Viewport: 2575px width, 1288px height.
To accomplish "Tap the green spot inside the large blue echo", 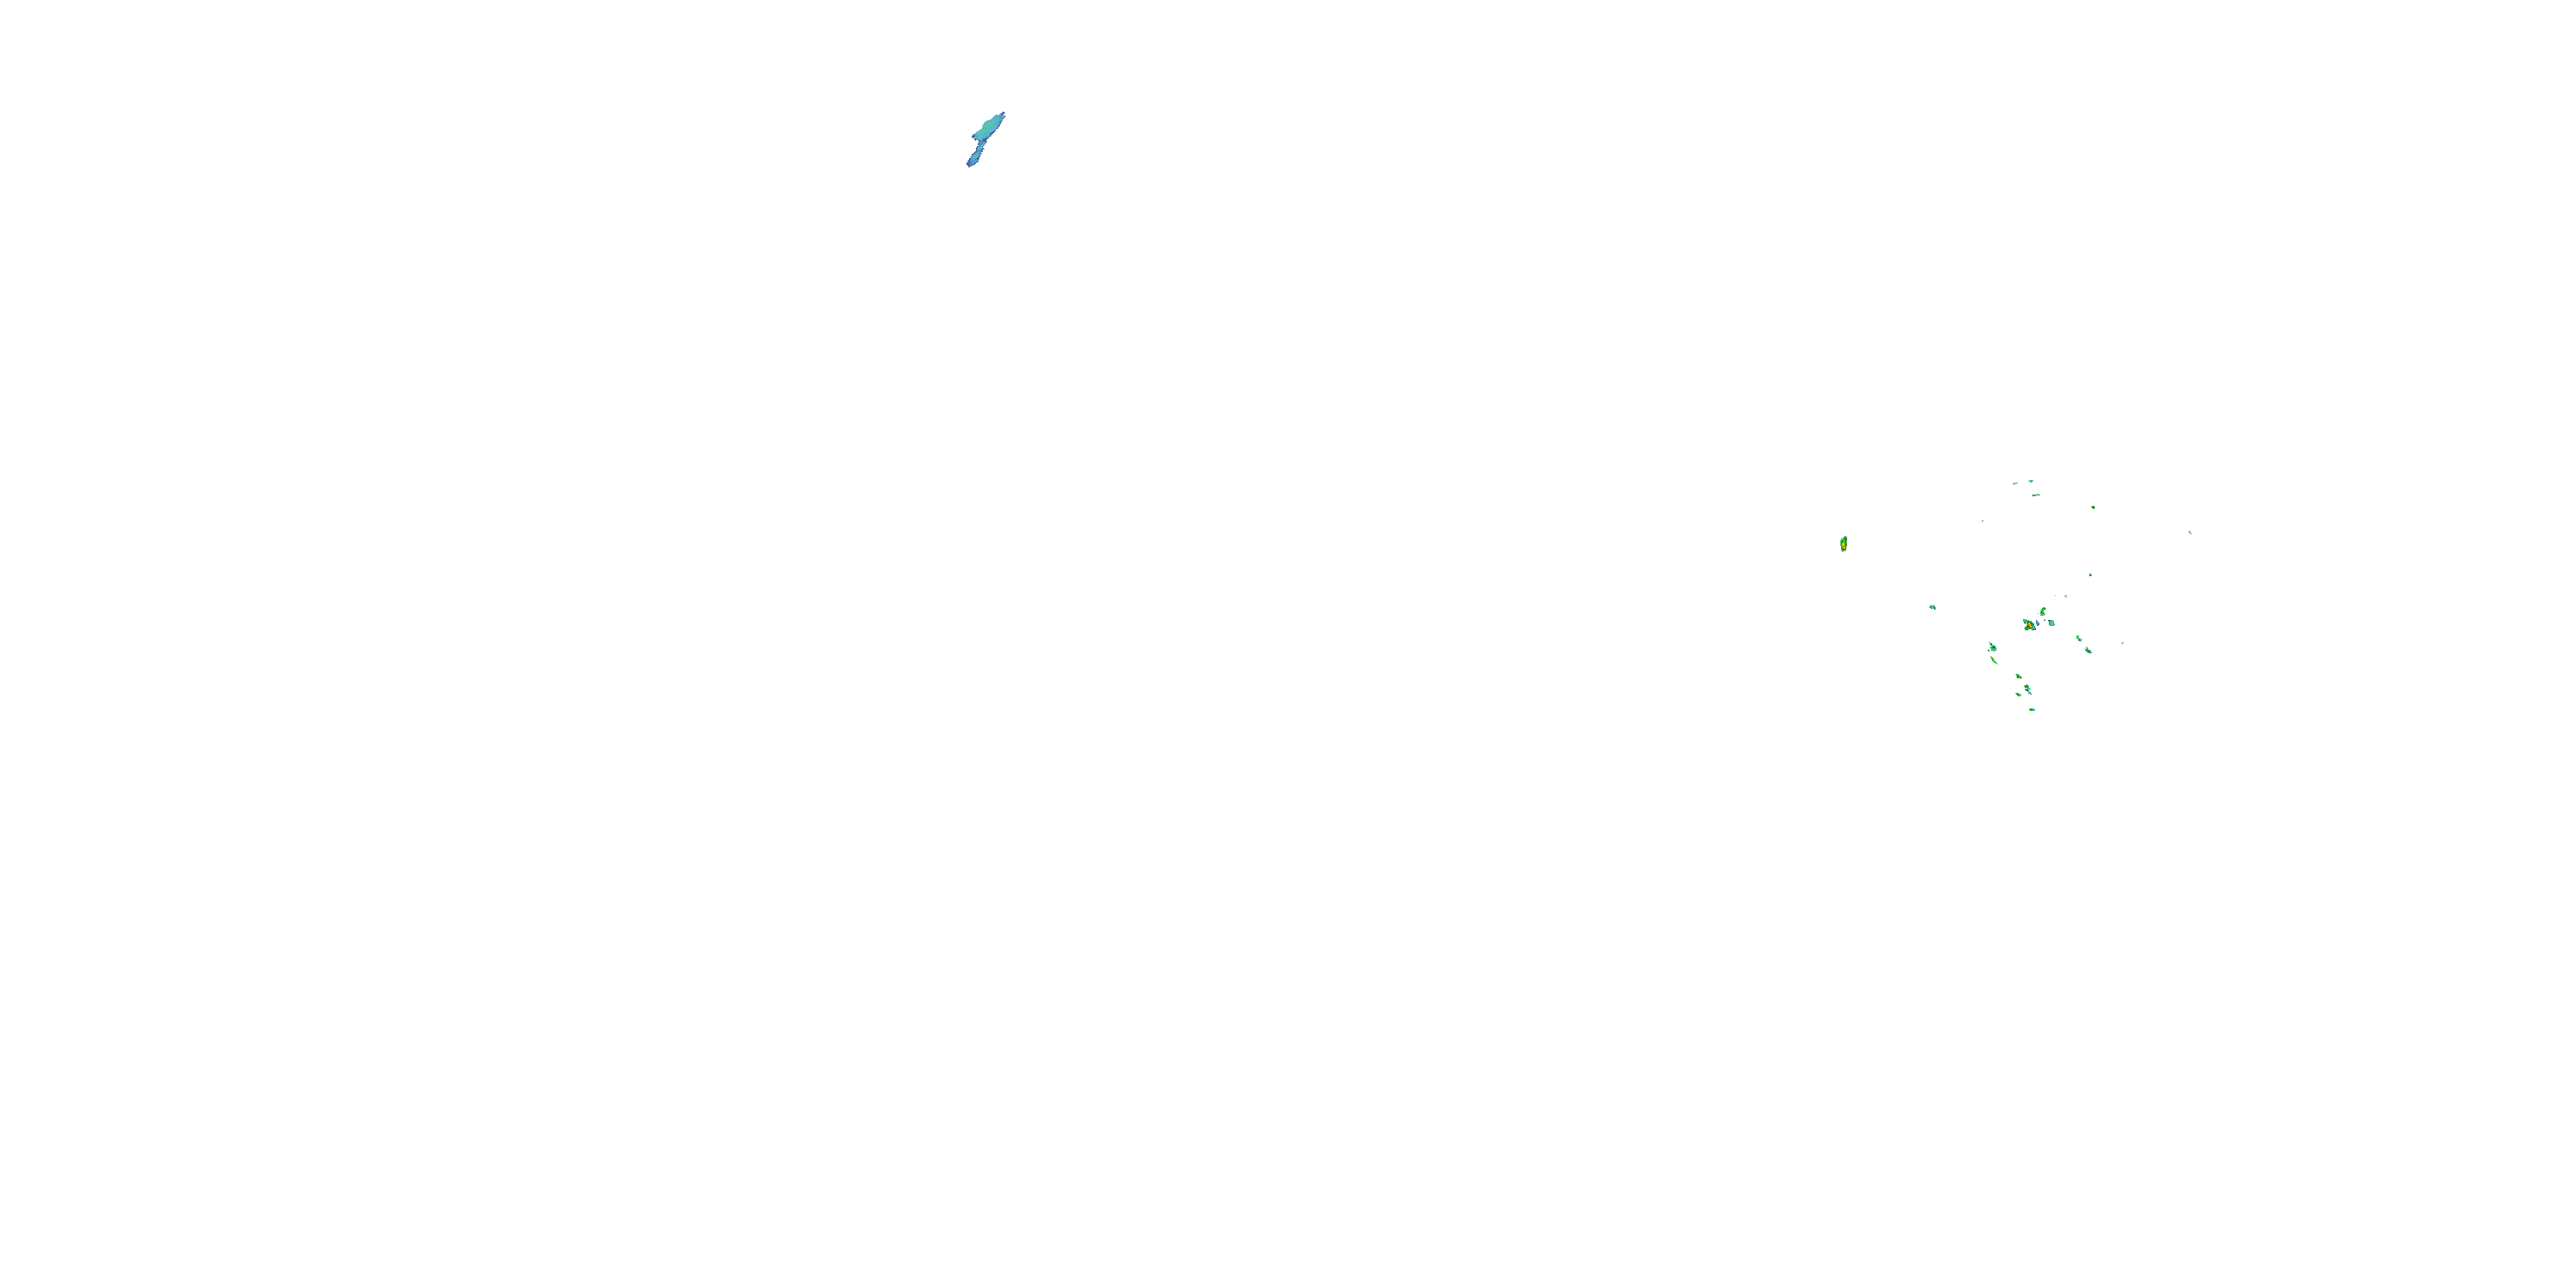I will coord(990,127).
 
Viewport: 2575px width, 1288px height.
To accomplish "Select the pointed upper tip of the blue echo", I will coord(1002,115).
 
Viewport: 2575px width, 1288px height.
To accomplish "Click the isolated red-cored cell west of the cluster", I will coord(1844,544).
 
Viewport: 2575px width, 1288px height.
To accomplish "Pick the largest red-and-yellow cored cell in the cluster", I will coord(2029,625).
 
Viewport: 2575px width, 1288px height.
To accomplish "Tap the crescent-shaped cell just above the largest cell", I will coord(2043,611).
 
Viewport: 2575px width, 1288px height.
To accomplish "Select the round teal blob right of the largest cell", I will coord(2051,623).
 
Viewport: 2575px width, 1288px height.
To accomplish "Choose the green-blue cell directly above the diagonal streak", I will coord(1992,647).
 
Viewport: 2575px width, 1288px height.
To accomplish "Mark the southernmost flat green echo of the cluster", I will coord(2033,709).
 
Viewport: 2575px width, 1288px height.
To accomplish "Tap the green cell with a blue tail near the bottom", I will coord(2027,689).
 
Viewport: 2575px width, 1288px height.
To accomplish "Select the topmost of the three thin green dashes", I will coord(2030,481).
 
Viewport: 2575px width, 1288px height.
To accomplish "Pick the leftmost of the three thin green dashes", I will coord(2015,484).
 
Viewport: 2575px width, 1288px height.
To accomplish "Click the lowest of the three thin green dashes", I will coord(2035,495).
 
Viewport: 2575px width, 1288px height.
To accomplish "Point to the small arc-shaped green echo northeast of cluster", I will coord(2093,507).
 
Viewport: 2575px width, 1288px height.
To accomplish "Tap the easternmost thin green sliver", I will coord(2189,532).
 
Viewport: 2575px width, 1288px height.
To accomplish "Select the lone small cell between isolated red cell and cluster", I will coord(1932,607).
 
